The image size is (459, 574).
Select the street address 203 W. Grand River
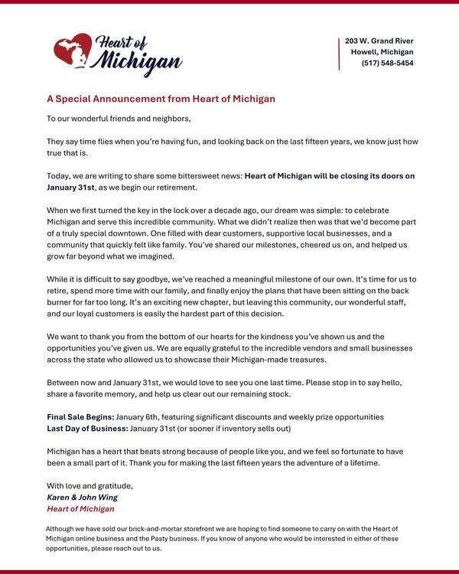[379, 41]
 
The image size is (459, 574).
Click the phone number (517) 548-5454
[387, 64]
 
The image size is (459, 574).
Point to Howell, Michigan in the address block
[382, 52]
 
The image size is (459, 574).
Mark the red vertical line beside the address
[339, 52]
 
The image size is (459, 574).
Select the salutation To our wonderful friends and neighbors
[119, 119]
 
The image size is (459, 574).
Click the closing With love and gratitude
[90, 485]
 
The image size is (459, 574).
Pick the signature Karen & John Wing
[83, 497]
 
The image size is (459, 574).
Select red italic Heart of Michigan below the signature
[80, 508]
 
